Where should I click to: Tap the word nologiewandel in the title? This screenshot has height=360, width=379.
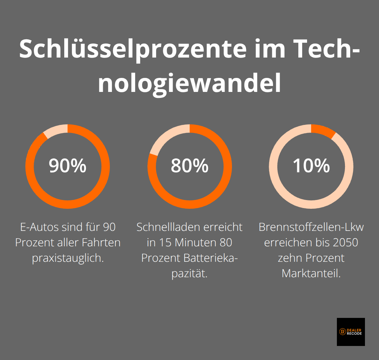189,84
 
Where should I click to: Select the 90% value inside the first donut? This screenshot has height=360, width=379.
67,166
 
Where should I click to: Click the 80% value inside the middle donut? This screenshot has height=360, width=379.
189,166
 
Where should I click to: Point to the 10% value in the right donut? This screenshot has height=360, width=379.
311,166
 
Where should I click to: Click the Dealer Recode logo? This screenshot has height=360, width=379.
351,332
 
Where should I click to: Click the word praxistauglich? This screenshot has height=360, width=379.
67,258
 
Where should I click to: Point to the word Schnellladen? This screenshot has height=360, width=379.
165,227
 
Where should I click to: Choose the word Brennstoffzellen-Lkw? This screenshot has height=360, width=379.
311,227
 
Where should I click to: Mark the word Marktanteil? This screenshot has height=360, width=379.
311,273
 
